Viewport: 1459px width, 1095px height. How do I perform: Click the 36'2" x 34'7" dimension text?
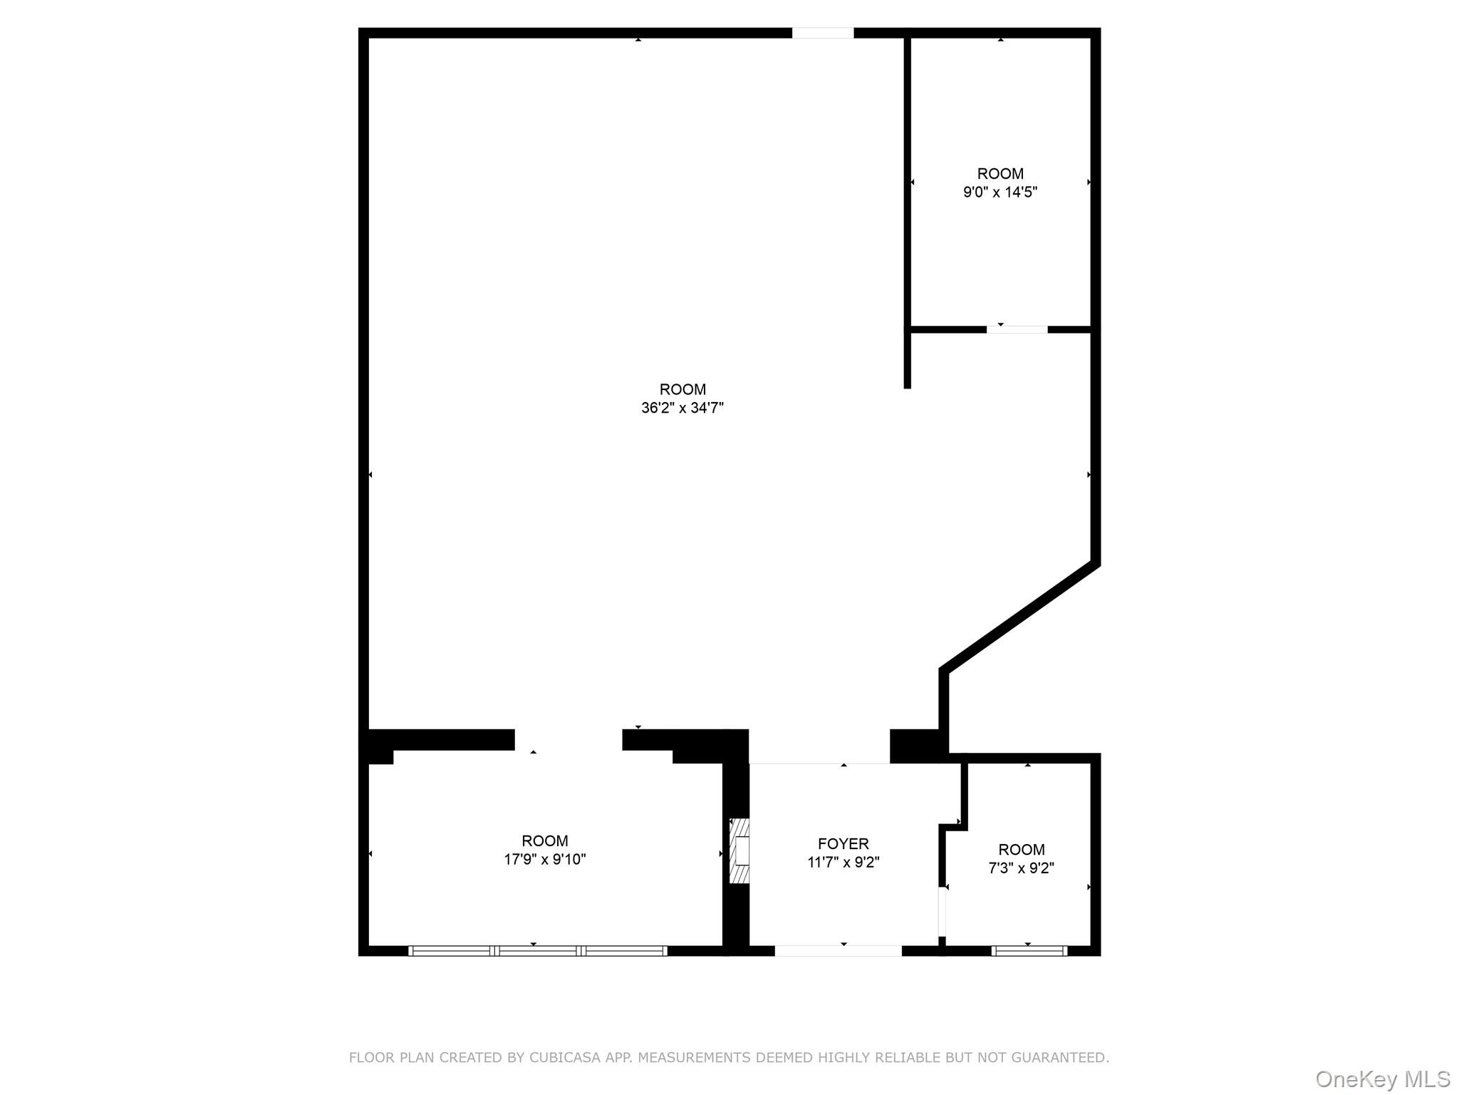click(682, 408)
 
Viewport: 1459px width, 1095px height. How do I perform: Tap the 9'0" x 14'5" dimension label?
click(1000, 192)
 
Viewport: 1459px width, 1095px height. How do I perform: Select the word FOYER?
click(843, 844)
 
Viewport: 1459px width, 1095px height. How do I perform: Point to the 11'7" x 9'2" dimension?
click(843, 863)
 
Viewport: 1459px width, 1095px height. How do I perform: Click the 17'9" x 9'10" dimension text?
click(544, 859)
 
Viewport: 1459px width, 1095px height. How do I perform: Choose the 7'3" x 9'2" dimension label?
click(1021, 868)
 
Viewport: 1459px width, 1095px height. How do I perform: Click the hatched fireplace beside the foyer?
click(739, 850)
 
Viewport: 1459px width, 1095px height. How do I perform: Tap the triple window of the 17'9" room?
click(537, 950)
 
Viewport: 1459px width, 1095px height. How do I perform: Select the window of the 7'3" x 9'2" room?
click(1029, 950)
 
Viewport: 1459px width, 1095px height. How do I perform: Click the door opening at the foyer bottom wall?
click(838, 950)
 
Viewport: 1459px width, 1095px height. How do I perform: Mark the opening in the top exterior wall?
click(822, 33)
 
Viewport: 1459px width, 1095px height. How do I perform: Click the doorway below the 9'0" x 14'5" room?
click(1017, 329)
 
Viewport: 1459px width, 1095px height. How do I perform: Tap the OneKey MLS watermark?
click(1382, 1079)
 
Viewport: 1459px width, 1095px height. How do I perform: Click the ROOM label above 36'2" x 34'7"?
click(682, 389)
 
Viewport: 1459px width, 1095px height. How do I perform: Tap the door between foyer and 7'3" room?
click(942, 910)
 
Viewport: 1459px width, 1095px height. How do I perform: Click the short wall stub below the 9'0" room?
click(907, 361)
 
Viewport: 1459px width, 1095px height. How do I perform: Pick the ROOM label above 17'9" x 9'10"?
click(544, 840)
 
